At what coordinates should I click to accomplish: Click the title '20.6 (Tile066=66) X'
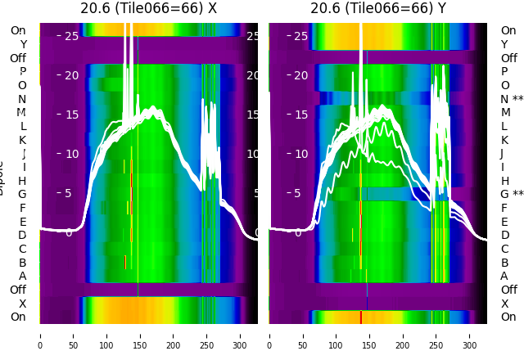tap(148, 8)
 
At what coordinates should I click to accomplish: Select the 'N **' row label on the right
tap(512, 99)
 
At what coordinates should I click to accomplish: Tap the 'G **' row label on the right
tap(512, 195)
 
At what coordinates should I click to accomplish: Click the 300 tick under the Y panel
tap(470, 335)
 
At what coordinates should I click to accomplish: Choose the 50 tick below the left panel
tap(73, 335)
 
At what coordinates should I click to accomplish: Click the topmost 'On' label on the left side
tap(18, 30)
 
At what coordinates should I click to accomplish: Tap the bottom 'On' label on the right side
tap(508, 317)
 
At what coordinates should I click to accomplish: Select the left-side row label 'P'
tap(23, 72)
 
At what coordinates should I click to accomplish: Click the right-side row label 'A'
tap(504, 276)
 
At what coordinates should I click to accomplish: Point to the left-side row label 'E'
tap(23, 222)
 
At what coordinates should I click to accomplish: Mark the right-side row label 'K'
tap(504, 140)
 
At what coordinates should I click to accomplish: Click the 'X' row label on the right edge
tap(504, 304)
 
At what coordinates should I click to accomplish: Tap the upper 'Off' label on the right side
tap(508, 58)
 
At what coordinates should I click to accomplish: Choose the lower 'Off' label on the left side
tap(18, 290)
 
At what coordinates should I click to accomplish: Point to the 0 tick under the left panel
tap(40, 335)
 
